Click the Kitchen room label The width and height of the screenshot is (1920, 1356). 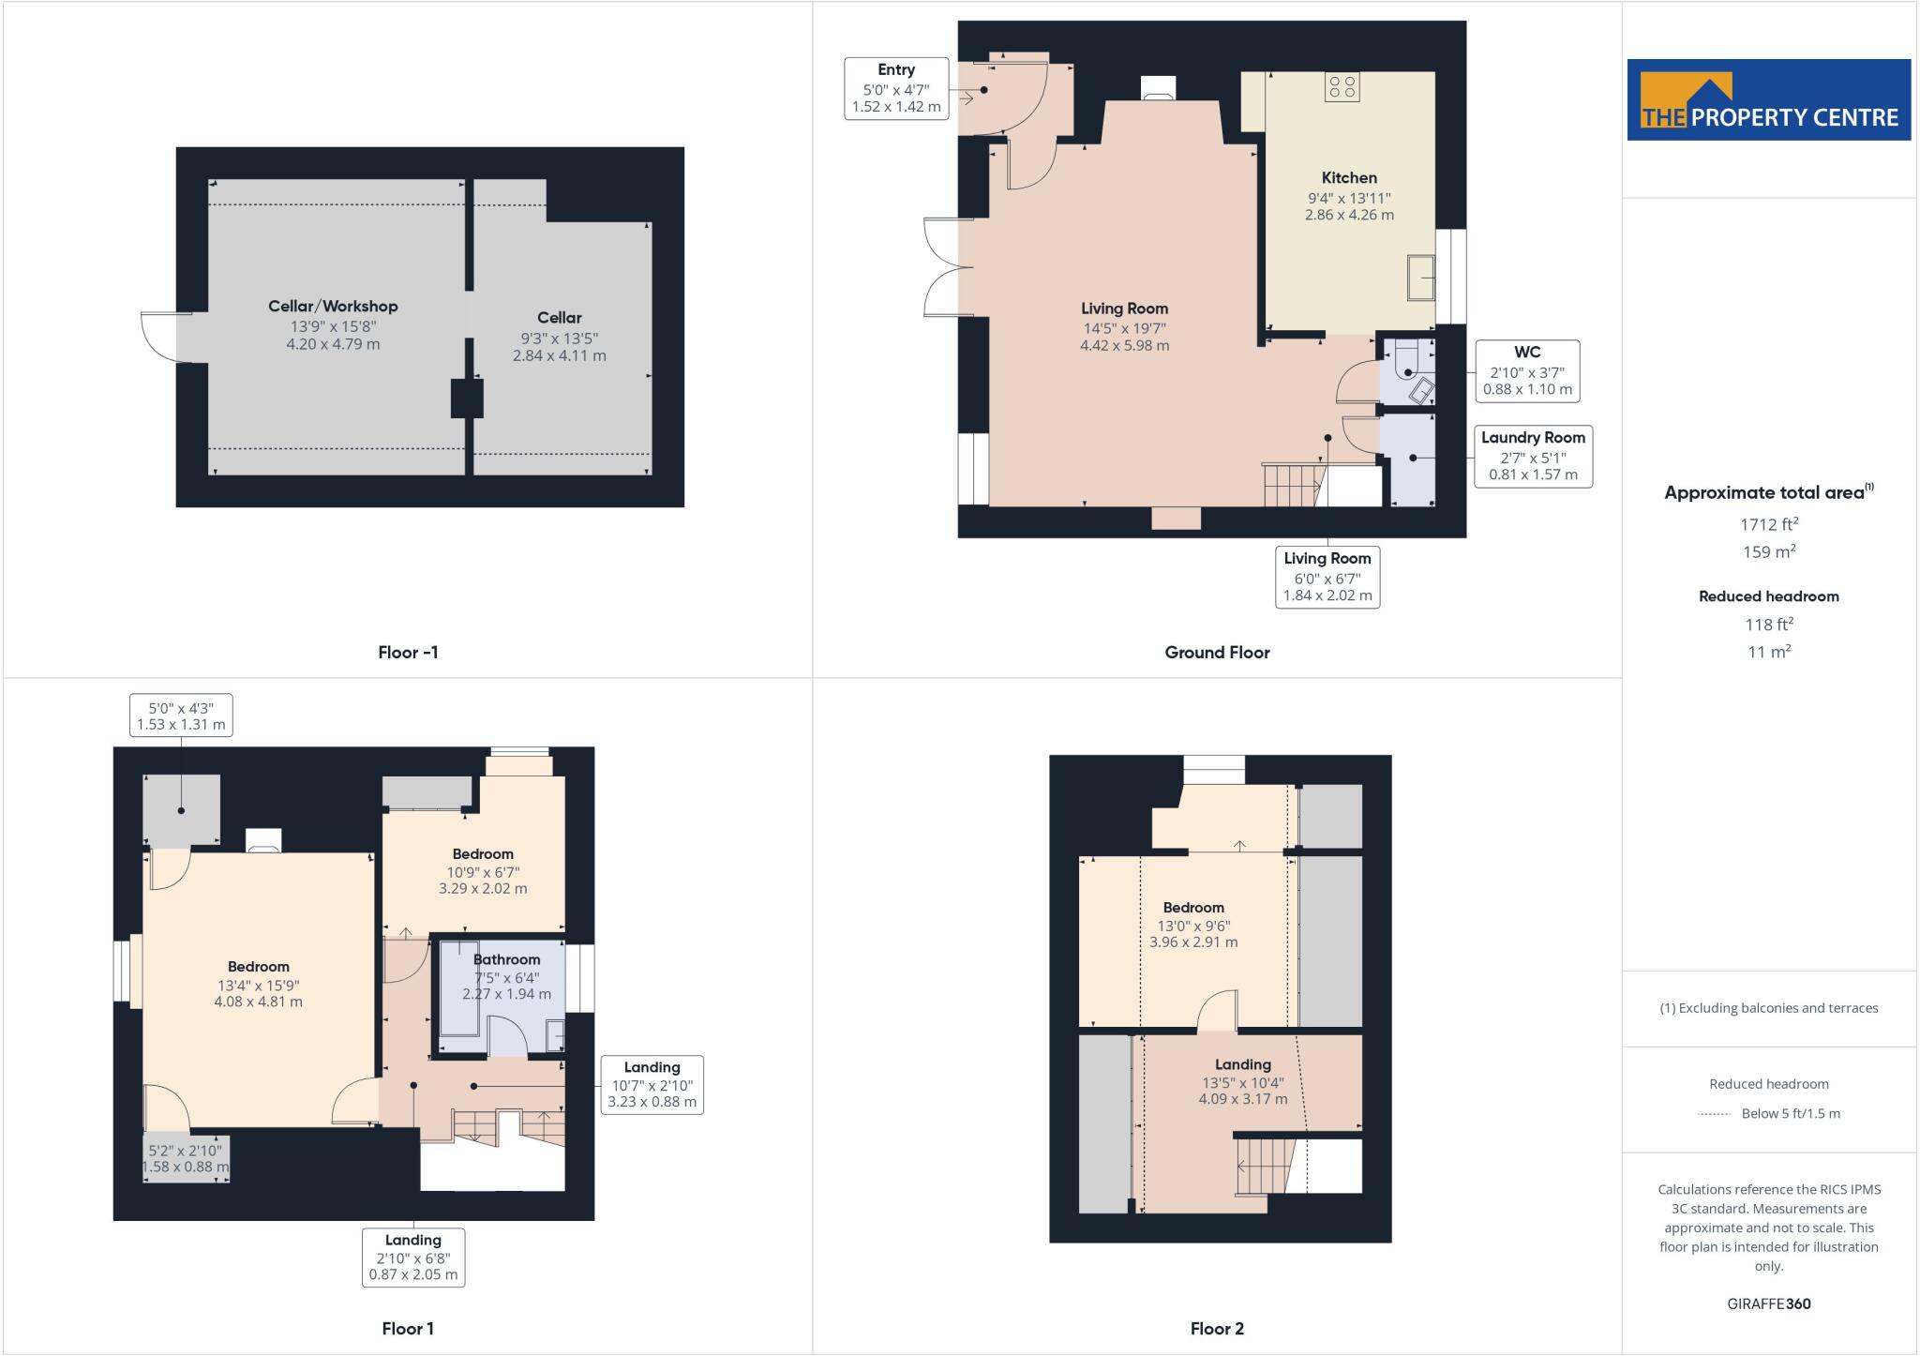point(1349,178)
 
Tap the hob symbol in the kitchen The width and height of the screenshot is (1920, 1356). point(1342,87)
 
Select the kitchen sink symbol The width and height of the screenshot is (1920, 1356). point(1421,278)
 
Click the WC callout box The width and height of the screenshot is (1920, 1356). point(1527,371)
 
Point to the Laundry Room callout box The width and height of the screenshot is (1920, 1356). point(1533,456)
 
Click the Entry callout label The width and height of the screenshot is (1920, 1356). point(896,70)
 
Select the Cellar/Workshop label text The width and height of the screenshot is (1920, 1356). point(333,307)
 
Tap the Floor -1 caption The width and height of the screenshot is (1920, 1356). point(408,653)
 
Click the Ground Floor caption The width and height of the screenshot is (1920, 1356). point(1217,653)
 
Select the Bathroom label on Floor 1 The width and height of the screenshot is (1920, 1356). point(506,959)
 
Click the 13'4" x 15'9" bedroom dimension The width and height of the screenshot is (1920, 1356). point(259,985)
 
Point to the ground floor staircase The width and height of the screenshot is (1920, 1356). point(1292,484)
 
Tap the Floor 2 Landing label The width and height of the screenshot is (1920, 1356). point(1243,1064)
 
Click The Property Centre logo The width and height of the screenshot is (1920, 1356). point(1768,100)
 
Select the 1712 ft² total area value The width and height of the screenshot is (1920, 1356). point(1768,524)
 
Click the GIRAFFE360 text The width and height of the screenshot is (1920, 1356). point(1768,1303)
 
